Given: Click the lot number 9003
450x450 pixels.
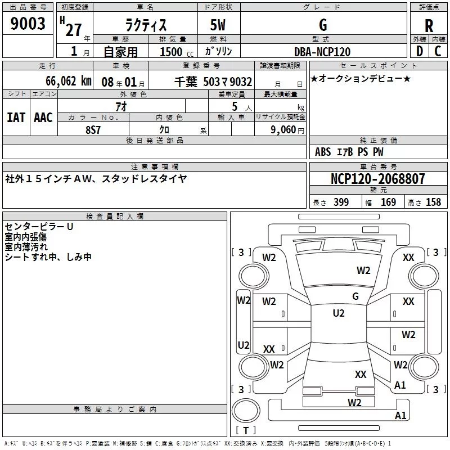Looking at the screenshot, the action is tap(28, 23).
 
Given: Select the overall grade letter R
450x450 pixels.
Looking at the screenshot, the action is tap(429, 26).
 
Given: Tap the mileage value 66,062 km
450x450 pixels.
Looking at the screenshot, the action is tap(69, 81).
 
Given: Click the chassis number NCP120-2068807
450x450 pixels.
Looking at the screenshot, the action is tap(377, 178).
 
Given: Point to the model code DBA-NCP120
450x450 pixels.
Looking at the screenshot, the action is tap(322, 52).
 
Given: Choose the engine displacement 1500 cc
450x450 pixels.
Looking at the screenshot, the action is tap(177, 52).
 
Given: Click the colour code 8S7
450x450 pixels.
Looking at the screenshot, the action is tap(93, 130).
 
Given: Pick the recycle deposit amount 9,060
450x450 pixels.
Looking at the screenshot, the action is tap(283, 129).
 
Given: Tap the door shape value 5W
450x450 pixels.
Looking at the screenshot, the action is tap(218, 25).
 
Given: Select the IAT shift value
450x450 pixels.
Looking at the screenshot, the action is tap(16, 118).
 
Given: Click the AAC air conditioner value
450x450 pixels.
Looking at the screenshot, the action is tap(43, 118).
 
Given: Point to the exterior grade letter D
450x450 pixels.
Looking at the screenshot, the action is tap(420, 51).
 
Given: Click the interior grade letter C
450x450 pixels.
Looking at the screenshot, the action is tap(438, 51).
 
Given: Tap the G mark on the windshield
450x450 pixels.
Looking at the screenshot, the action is tap(355, 296).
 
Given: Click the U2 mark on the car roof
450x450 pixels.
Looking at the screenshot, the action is tap(339, 313).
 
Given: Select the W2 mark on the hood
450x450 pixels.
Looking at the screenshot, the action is tap(363, 271).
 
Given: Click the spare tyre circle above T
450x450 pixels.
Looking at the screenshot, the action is tap(245, 411).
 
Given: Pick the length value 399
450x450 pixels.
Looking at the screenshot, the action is tap(341, 202).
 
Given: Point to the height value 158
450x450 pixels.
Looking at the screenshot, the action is tap(433, 202).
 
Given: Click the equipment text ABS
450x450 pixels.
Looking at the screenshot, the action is tap(323, 152).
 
